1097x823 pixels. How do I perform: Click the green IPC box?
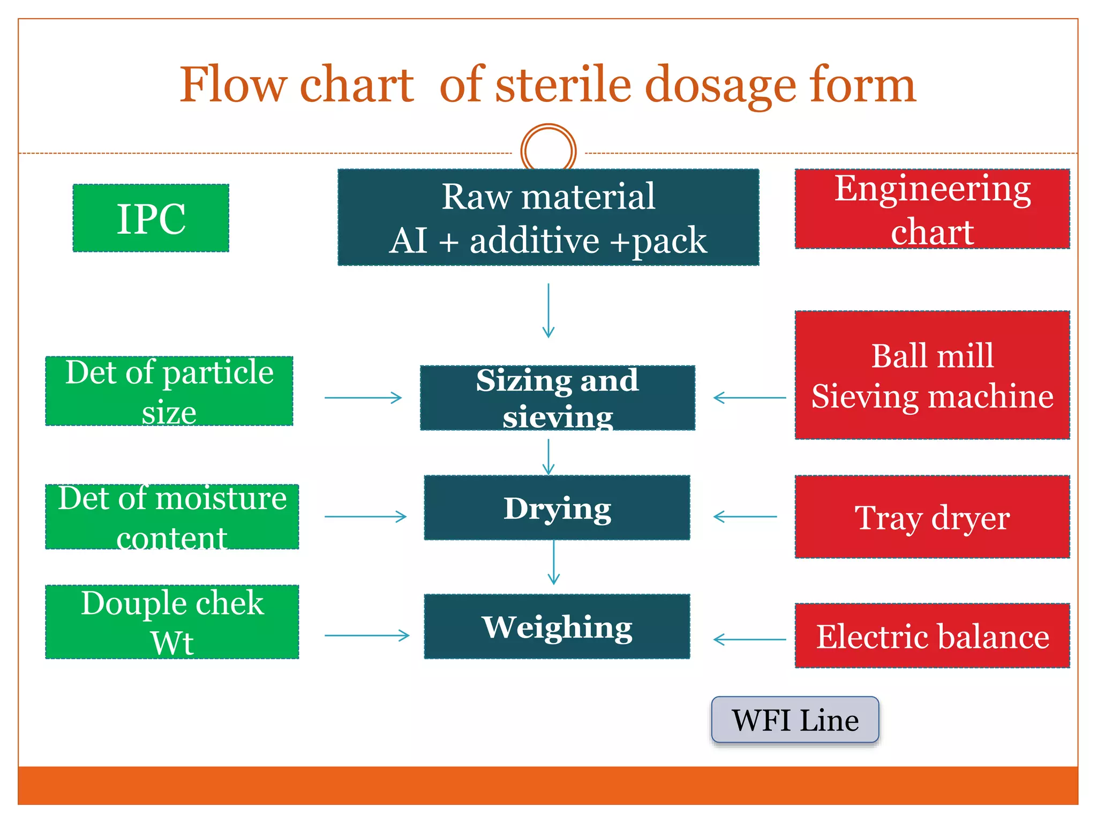151,218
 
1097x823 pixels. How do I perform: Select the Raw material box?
548,218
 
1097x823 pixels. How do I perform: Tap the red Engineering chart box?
932,209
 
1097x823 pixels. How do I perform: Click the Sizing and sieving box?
557,398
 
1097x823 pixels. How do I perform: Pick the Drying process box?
557,507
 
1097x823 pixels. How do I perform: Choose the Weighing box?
557,626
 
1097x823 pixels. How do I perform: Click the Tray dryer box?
932,517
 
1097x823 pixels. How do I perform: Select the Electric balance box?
932,636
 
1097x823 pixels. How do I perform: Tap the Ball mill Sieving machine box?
932,375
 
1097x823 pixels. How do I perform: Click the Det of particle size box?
169,391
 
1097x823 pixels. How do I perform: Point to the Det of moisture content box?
172,517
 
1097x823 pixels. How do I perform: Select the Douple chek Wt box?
172,622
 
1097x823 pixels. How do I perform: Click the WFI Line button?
795,720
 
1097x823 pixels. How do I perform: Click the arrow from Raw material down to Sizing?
548,311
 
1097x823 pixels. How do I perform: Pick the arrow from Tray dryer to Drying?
745,517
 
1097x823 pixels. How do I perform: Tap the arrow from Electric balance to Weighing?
749,639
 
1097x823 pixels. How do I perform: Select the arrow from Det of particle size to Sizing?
363,398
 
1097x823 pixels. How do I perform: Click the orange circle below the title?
548,151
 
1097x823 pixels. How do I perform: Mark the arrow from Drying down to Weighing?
554,562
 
